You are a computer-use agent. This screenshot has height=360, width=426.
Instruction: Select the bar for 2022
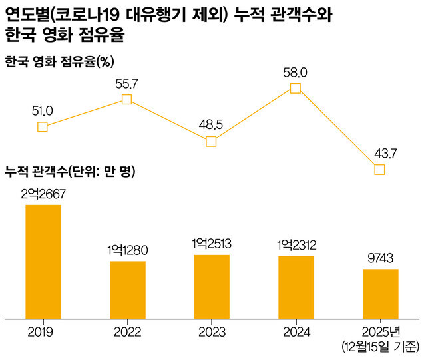point(128,290)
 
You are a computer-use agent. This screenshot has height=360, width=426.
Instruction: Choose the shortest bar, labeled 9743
point(380,294)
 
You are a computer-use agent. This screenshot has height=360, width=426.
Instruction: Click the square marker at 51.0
point(43,126)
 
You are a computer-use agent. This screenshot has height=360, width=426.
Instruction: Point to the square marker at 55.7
point(127,100)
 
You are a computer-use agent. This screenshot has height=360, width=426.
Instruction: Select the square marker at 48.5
point(211,141)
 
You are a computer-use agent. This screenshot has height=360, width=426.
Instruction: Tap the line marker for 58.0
point(296,88)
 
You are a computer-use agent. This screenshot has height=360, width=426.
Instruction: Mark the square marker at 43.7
point(379,170)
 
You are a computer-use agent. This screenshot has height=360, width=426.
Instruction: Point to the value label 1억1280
point(128,250)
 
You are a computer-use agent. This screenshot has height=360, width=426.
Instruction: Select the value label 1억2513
point(212,244)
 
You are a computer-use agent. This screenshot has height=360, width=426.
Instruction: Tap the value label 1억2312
point(296,245)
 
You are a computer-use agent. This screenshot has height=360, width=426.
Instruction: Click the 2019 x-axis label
point(43,331)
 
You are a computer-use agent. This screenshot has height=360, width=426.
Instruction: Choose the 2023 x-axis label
point(212,331)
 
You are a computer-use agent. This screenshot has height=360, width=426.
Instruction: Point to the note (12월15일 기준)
point(379,346)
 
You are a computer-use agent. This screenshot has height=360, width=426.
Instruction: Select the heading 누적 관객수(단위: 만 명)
point(70,173)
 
